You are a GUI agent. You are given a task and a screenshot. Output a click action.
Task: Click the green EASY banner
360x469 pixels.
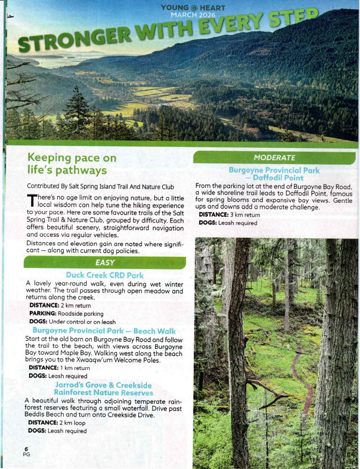pyautogui.click(x=105, y=263)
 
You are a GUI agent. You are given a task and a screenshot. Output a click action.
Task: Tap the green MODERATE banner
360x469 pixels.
pyautogui.click(x=274, y=158)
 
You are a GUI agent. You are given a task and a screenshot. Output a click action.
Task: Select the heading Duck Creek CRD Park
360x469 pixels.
pyautogui.click(x=105, y=275)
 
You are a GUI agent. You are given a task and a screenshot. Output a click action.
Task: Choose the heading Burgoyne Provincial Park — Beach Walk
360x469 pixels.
pyautogui.click(x=104, y=331)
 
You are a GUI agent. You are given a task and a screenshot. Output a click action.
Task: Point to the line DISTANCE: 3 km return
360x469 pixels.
pyautogui.click(x=229, y=214)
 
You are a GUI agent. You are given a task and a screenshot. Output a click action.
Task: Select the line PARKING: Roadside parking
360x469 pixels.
pyautogui.click(x=66, y=313)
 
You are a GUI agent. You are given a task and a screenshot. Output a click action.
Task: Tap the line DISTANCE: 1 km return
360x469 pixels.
pyautogui.click(x=59, y=368)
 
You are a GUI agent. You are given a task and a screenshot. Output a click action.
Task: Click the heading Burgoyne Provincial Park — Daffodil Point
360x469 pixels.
pyautogui.click(x=274, y=174)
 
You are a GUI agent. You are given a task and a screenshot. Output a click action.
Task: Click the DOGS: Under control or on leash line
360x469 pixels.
pyautogui.click(x=72, y=322)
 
